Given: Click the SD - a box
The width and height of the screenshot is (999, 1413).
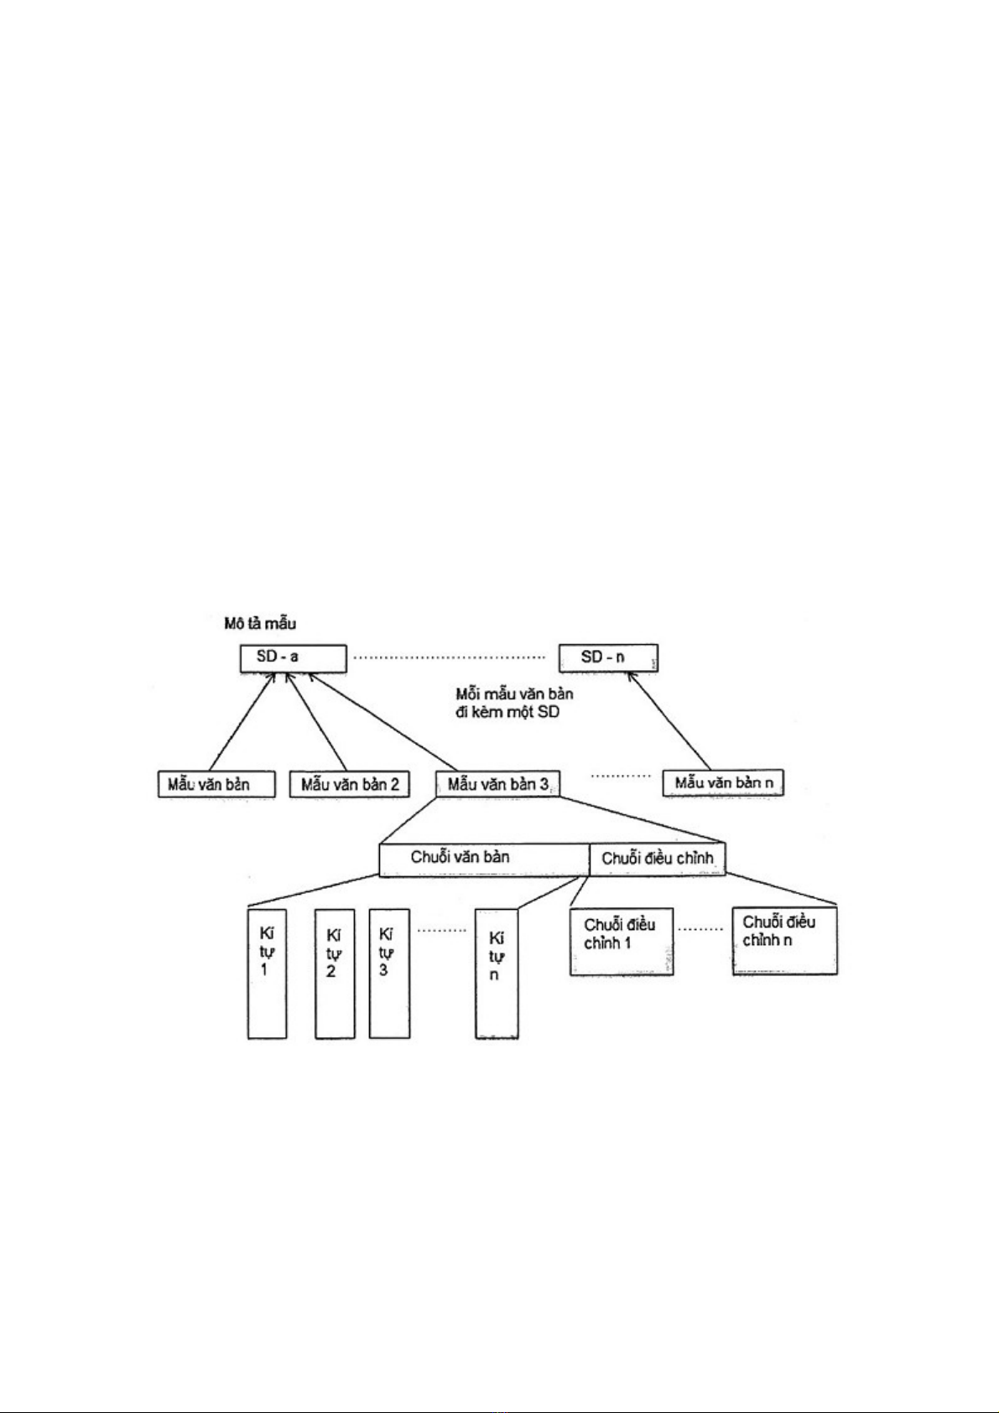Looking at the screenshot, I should [292, 657].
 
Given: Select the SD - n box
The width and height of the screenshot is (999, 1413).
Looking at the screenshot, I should [608, 657].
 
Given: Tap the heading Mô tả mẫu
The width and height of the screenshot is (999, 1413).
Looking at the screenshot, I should [259, 624].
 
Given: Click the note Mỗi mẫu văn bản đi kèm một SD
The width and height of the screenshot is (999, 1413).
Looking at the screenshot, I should [514, 704].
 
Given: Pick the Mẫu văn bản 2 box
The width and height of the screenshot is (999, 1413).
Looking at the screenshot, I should [349, 784].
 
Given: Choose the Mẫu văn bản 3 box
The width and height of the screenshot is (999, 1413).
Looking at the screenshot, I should [498, 784].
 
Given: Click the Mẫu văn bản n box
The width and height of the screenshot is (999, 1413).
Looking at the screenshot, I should [723, 783].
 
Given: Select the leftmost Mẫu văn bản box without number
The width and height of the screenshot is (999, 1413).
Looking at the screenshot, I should [216, 784].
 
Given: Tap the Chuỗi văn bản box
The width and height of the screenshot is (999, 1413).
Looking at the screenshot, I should [484, 860].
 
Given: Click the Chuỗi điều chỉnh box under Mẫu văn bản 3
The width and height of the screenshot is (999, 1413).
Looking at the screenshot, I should [657, 860].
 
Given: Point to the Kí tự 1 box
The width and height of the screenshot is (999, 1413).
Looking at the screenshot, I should [267, 974].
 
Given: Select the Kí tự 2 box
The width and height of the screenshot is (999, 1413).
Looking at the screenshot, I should [335, 974].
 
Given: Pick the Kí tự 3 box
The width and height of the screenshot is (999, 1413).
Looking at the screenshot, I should [389, 974].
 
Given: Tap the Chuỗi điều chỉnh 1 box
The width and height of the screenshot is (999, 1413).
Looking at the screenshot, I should [621, 940].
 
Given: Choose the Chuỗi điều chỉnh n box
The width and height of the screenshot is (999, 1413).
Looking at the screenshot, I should [784, 939].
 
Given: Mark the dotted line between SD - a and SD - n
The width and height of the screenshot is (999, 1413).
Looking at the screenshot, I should [451, 657].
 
